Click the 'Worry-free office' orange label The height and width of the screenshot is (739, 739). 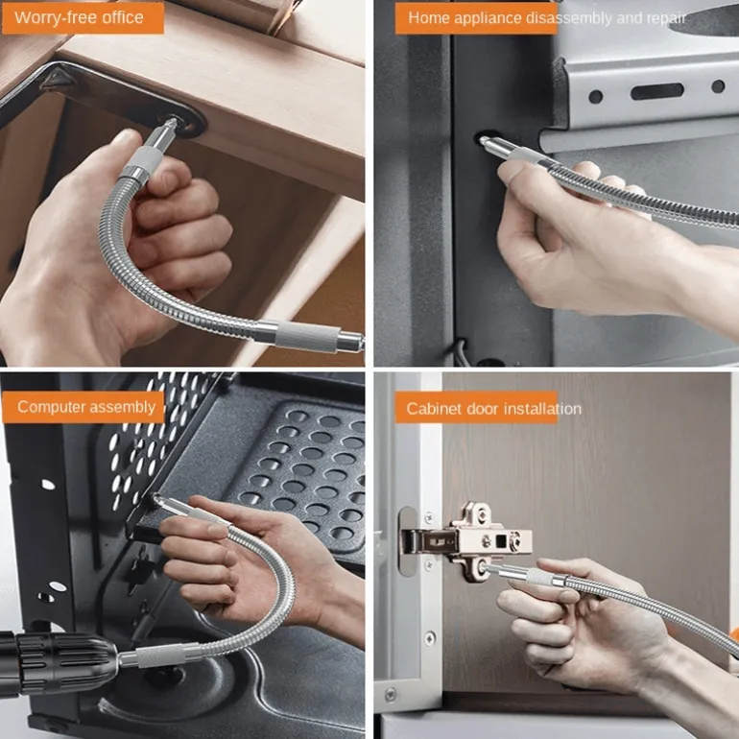coord(83,18)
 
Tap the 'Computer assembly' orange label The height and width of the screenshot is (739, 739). coord(83,407)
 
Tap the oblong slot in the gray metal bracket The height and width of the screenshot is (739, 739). coord(657,91)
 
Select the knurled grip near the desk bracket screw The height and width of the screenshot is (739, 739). coord(139,160)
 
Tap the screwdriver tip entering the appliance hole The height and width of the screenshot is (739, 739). coord(484,140)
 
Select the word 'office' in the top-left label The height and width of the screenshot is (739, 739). coord(123,17)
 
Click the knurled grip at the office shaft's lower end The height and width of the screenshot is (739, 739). coord(307,336)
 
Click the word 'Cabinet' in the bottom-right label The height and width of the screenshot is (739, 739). coord(434,408)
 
